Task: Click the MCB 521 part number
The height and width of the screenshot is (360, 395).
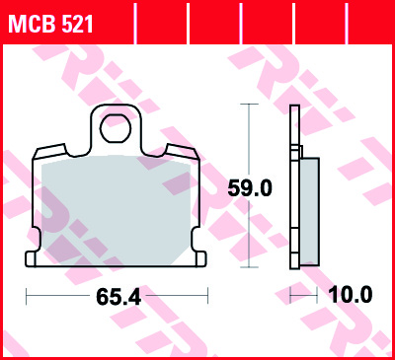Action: point(51,22)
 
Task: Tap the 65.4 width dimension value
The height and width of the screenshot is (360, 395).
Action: point(117,295)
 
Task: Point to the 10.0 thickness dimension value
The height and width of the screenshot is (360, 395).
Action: point(353,295)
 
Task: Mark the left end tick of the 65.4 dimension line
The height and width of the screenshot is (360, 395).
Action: point(27,294)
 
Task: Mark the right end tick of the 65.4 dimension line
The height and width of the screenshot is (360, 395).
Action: point(209,294)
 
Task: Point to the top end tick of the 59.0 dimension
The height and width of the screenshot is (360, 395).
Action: point(249,103)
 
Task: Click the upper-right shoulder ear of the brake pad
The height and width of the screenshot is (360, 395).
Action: point(182,151)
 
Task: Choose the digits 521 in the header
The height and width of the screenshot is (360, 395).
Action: point(76,22)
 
